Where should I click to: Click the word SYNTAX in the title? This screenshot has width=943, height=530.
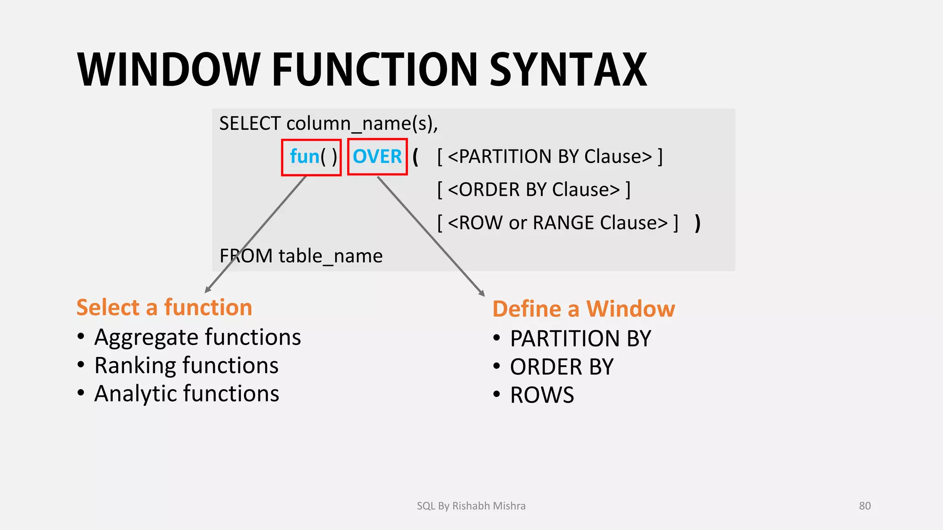pos(568,69)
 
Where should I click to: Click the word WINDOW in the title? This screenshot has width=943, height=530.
pos(169,69)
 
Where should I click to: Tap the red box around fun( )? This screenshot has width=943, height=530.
pos(311,157)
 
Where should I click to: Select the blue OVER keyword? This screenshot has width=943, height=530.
pos(377,157)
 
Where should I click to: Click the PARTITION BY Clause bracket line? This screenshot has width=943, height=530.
pos(550,157)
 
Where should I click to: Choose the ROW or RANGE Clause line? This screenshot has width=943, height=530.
pos(558,223)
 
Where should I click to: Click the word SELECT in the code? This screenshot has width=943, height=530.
pos(250,124)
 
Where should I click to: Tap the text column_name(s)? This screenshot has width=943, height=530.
pos(362,124)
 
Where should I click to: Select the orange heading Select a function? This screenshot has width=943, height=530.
pos(164,307)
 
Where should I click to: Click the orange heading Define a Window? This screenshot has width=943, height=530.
pos(583,309)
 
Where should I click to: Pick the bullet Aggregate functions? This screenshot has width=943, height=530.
pos(197,337)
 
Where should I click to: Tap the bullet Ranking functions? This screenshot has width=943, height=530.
pos(186,366)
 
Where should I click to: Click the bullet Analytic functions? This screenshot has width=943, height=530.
pos(186,394)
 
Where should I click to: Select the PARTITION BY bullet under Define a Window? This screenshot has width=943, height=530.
pos(580,339)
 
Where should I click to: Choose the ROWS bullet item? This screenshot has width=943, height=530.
pos(542,395)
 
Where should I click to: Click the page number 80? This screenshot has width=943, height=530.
pos(865,506)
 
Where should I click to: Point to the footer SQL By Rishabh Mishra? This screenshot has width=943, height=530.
pos(471,506)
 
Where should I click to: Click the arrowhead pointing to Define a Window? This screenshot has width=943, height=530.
pos(482,294)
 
